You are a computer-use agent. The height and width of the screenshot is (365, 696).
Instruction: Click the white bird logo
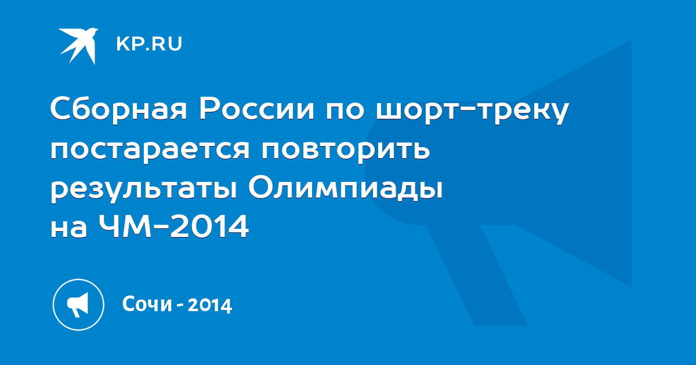[78, 46]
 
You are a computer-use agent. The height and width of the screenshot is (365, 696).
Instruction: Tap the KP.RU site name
[149, 44]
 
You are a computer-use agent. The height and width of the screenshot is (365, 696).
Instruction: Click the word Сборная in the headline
[119, 110]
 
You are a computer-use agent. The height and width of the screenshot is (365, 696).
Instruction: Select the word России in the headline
[256, 110]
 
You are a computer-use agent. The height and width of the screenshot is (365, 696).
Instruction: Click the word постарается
[150, 149]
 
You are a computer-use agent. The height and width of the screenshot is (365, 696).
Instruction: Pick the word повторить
[346, 149]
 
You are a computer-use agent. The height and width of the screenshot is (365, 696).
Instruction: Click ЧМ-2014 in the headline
[173, 226]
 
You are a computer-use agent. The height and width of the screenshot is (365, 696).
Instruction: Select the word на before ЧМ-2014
[68, 229]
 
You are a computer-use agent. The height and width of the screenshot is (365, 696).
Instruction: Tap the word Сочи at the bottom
[147, 304]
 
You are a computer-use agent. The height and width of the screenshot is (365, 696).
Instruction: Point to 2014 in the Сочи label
[210, 305]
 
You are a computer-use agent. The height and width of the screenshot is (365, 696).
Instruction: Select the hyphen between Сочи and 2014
[180, 306]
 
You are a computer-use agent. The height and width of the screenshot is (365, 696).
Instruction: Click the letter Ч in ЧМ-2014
[108, 227]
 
